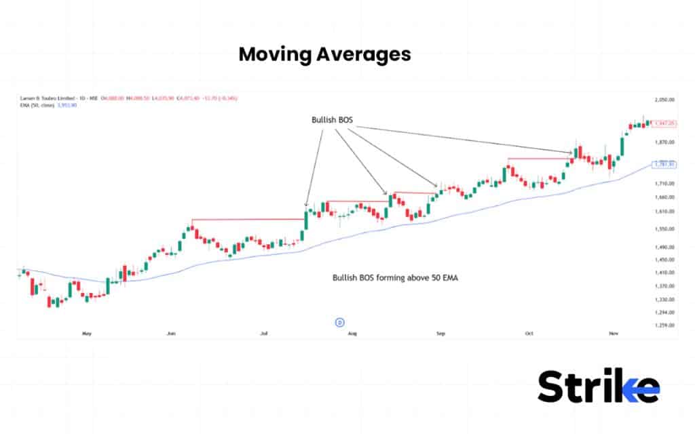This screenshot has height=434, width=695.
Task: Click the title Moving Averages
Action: (x=324, y=54)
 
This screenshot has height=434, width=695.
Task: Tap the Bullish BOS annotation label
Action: (x=332, y=120)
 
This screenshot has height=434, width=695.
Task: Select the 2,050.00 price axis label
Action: (x=664, y=100)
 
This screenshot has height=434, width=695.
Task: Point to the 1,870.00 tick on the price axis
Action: (x=664, y=142)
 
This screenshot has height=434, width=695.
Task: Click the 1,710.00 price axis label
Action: (x=664, y=184)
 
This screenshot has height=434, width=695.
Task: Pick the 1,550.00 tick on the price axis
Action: (x=664, y=229)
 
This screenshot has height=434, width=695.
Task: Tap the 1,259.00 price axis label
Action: (x=664, y=325)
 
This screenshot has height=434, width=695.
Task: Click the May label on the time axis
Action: (x=86, y=334)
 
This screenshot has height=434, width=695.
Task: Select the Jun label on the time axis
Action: (x=171, y=334)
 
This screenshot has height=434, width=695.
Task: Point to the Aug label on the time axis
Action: (x=352, y=334)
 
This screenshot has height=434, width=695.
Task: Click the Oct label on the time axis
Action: (x=528, y=334)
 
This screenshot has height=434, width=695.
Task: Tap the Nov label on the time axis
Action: (x=614, y=334)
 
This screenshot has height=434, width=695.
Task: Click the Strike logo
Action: (x=598, y=387)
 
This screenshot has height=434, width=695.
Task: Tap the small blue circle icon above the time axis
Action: (x=340, y=322)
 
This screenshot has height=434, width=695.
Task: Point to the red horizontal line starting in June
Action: (x=248, y=219)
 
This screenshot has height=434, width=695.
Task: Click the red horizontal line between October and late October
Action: (x=540, y=159)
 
